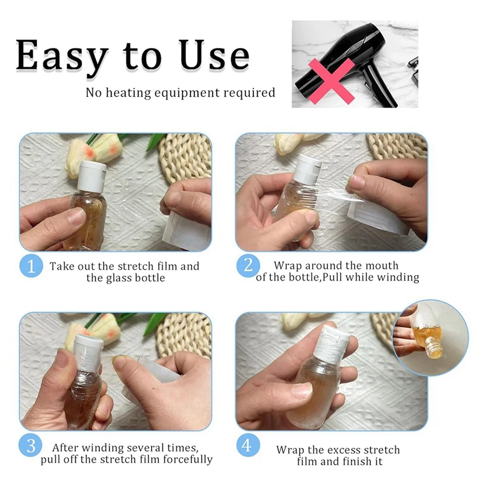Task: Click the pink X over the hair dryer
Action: [331, 81]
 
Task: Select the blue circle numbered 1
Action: [31, 266]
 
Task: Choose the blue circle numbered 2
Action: [248, 266]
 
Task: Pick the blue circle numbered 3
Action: [30, 446]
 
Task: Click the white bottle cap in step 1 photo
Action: [92, 175]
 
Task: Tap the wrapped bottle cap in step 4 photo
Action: [332, 343]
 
